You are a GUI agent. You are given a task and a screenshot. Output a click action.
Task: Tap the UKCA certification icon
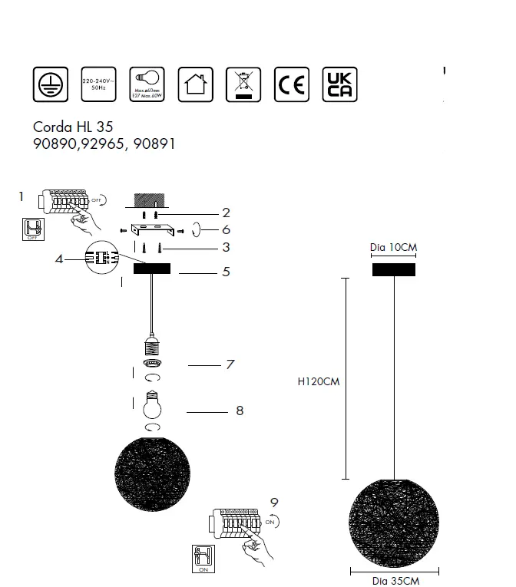tap(339, 84)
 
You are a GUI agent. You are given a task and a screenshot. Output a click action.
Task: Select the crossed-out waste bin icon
tap(243, 84)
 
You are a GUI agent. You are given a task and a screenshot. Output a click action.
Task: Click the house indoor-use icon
tap(195, 84)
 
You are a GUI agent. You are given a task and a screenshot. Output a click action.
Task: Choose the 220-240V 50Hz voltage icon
tap(98, 84)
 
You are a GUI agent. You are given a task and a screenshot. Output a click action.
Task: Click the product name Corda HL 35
tap(73, 127)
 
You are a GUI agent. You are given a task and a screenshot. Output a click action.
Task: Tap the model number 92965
tap(107, 143)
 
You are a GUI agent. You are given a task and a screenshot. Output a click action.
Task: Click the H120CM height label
tap(317, 381)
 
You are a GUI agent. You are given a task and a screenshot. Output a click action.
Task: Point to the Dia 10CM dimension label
tap(393, 248)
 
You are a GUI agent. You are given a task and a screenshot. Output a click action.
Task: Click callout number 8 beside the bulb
tap(240, 411)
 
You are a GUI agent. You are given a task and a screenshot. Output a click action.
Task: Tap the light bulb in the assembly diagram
tap(152, 403)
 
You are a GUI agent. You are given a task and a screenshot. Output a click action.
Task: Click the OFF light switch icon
tap(32, 229)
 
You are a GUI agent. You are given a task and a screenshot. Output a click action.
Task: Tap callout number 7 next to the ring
tap(229, 364)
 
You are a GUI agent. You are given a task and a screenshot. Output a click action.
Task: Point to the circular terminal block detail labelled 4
tap(101, 258)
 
